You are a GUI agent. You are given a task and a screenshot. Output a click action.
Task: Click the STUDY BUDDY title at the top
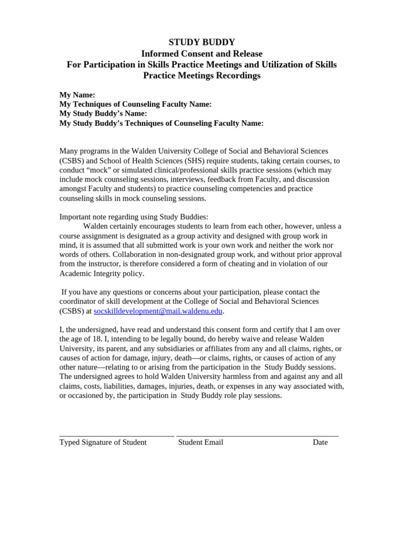(x=201, y=42)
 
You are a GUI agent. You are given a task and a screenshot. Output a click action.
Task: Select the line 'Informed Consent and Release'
(x=201, y=54)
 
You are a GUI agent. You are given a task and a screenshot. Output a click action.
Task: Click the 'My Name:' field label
(x=77, y=95)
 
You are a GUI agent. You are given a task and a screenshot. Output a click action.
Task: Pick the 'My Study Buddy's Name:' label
(x=103, y=114)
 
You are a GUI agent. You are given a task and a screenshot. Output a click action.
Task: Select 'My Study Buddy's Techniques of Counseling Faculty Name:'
(x=161, y=123)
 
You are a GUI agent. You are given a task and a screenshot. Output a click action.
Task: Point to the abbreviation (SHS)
(x=191, y=161)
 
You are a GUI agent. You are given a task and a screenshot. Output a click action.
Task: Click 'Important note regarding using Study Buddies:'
(x=134, y=216)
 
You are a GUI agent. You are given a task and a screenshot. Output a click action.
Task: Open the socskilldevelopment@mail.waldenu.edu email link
(x=158, y=311)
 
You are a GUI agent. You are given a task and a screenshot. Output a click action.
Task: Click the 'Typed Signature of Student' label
(x=103, y=442)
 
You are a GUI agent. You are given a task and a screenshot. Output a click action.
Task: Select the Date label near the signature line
(x=320, y=442)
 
